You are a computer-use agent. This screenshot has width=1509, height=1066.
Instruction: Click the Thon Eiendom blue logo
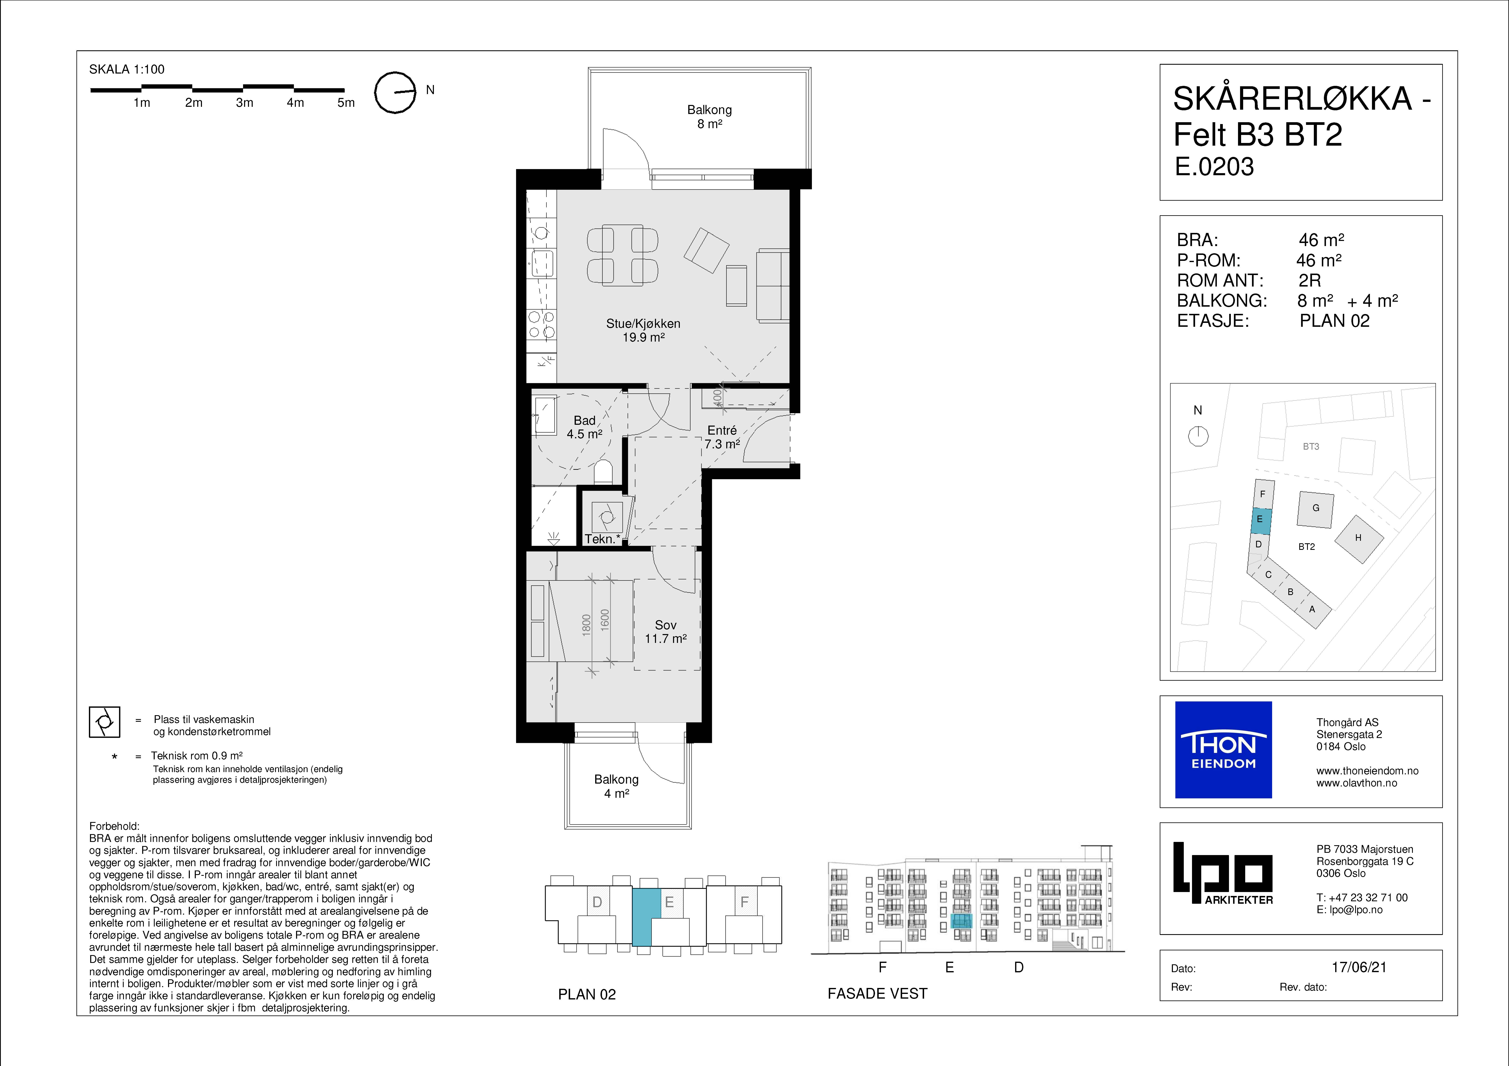point(1223,750)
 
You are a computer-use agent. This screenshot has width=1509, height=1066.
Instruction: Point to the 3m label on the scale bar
point(244,102)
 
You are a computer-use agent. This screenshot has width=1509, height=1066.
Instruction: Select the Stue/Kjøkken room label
point(643,330)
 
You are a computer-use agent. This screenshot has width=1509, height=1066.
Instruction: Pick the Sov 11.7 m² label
point(665,632)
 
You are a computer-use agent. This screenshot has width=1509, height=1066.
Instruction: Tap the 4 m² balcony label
point(617,786)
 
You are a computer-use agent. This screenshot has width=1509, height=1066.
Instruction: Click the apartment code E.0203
point(1215,167)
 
